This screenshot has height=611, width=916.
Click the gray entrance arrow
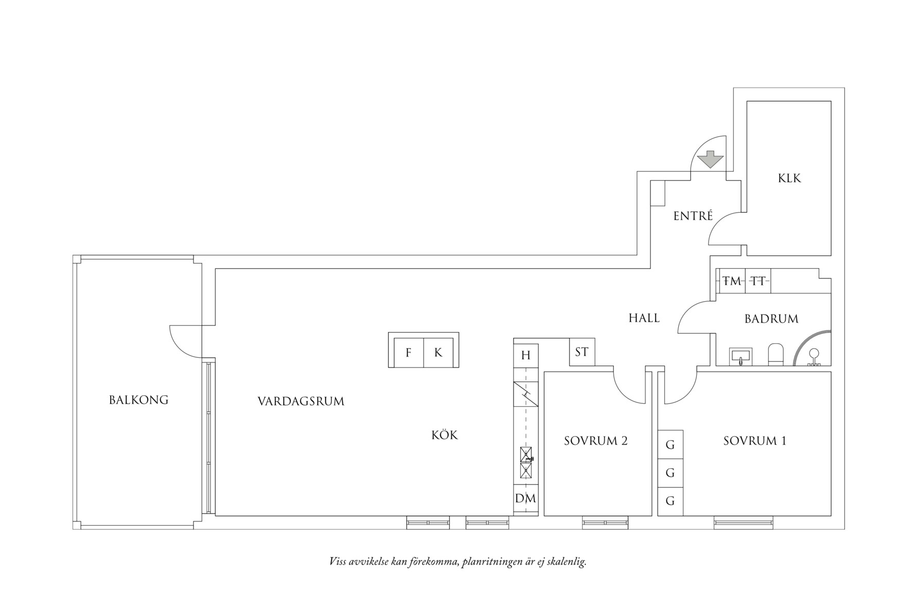coord(710,159)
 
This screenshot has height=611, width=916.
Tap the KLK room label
coord(789,179)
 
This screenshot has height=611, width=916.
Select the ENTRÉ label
coord(693,216)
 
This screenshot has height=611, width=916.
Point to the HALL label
coord(644,318)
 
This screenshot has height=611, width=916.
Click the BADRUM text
coord(771,319)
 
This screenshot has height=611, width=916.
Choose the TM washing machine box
coord(732,282)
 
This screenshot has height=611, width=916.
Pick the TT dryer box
coord(758,282)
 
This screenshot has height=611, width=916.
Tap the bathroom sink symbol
coord(741,356)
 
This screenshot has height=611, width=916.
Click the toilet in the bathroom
coord(775,355)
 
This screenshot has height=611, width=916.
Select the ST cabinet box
coord(582,352)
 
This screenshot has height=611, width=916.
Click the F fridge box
coord(409,353)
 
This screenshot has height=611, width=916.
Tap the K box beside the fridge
coord(438,353)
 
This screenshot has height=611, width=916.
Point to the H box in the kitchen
coord(525,355)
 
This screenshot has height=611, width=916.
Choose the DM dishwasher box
coord(525,498)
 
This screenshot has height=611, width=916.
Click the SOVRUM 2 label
coord(595,441)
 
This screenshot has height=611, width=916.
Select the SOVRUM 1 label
coord(754,441)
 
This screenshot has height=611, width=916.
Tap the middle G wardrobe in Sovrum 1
coord(670,473)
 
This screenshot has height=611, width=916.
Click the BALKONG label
coord(138,400)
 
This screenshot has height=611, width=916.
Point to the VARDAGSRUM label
coord(301,401)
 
